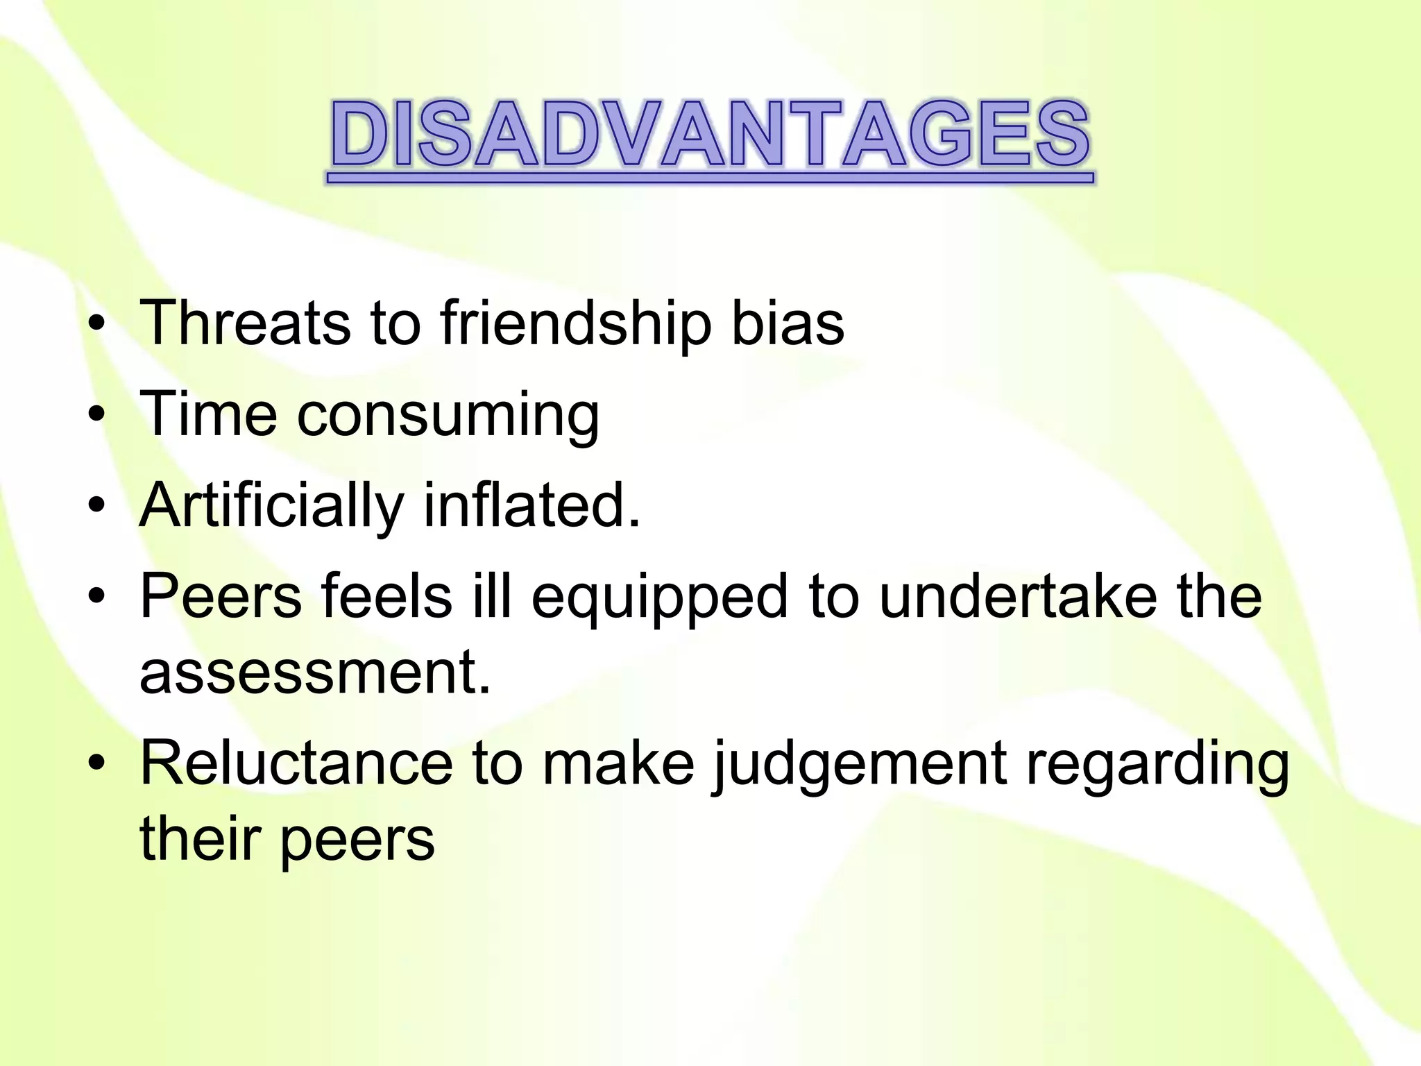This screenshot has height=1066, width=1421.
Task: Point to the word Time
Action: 207,414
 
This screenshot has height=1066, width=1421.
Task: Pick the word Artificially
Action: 271,507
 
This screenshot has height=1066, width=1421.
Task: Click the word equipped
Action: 659,598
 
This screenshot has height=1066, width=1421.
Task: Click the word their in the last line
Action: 201,840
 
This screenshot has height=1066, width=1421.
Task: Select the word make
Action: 618,764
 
